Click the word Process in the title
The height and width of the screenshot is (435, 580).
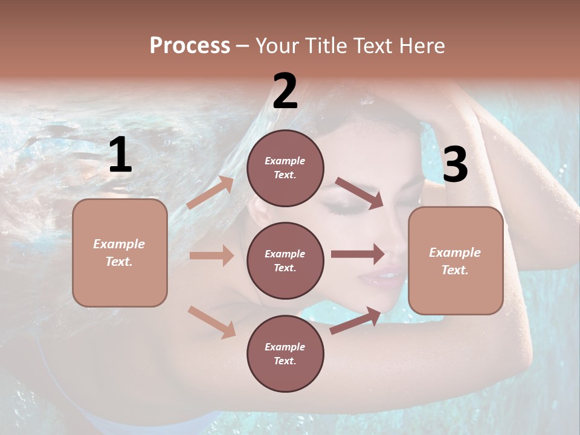click(x=190, y=46)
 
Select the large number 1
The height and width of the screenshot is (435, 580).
click(x=120, y=155)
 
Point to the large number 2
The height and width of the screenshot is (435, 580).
click(x=285, y=91)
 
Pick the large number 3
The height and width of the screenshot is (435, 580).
click(x=455, y=165)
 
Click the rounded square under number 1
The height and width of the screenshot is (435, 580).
click(x=120, y=253)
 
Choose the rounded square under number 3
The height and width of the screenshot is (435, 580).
click(x=456, y=260)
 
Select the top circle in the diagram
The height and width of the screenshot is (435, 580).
click(x=285, y=168)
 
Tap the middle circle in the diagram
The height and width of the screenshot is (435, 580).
click(x=285, y=260)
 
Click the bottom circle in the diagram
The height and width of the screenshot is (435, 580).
click(x=285, y=353)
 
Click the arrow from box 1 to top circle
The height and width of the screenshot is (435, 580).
click(x=210, y=193)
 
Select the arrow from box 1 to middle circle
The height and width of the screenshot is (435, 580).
click(x=211, y=256)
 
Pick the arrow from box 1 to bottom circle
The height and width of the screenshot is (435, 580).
click(x=211, y=321)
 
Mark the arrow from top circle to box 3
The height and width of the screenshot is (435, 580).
click(x=359, y=193)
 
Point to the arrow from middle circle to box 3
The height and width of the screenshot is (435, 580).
click(x=358, y=254)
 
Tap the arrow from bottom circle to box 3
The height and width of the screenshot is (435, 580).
click(x=356, y=321)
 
